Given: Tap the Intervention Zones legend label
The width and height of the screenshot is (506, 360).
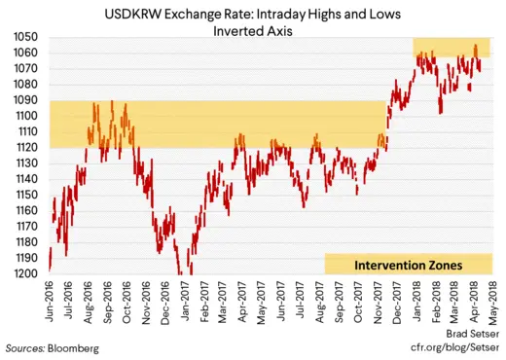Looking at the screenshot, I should click(408, 264).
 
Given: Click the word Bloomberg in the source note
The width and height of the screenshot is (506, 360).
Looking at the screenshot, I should click(73, 346).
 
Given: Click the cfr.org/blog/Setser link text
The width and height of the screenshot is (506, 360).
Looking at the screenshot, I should click(453, 346).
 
